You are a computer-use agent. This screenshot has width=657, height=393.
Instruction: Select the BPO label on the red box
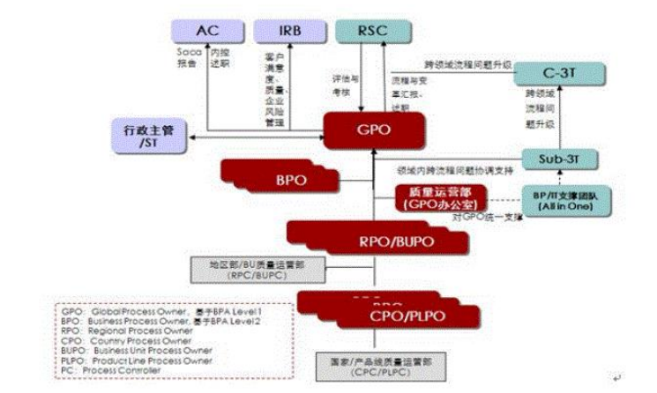290,181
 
